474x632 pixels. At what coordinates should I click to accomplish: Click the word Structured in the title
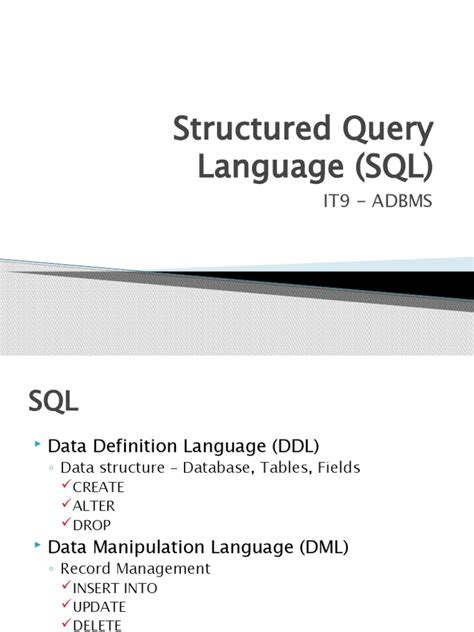(241, 131)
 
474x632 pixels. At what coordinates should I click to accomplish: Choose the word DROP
(91, 524)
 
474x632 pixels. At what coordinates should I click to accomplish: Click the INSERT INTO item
(114, 588)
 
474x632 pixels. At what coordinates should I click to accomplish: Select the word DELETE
(96, 625)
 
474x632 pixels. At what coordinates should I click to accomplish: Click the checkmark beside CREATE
(66, 485)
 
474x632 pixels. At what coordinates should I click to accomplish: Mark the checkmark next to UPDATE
(66, 606)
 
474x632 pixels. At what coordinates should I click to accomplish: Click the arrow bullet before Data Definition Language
(38, 443)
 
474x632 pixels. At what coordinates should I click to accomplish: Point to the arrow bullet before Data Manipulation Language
(38, 545)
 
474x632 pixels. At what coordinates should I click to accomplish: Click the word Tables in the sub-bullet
(283, 467)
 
